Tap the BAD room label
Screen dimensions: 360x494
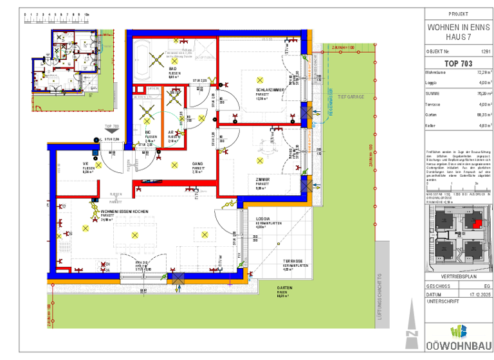pyautogui.click(x=172, y=69)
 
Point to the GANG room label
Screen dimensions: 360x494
pyautogui.click(x=197, y=164)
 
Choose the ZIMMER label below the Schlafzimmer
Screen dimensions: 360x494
pyautogui.click(x=262, y=180)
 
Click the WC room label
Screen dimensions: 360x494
pyautogui.click(x=148, y=132)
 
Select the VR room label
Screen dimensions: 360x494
pyautogui.click(x=85, y=164)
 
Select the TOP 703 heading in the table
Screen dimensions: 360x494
pyautogui.click(x=458, y=64)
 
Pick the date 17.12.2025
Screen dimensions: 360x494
pyautogui.click(x=479, y=294)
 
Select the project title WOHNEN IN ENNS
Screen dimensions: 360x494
pyautogui.click(x=458, y=28)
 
